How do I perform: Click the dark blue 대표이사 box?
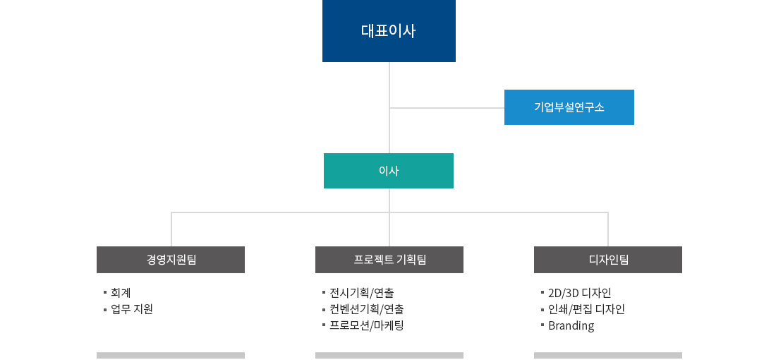pyautogui.click(x=389, y=30)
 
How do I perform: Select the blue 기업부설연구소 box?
pyautogui.click(x=569, y=107)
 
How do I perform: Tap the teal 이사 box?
pyautogui.click(x=389, y=171)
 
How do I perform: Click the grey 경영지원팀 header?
pyautogui.click(x=171, y=260)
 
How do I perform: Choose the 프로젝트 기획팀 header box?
pyautogui.click(x=389, y=260)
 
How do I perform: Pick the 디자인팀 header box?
pyautogui.click(x=608, y=260)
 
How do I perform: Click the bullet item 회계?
pyautogui.click(x=121, y=293)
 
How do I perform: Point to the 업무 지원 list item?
pyautogui.click(x=132, y=309)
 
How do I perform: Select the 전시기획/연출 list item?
pyautogui.click(x=362, y=293)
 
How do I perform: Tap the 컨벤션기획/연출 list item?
pyautogui.click(x=367, y=309)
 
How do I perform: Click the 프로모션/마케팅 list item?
pyautogui.click(x=367, y=325)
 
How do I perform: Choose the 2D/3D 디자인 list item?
pyautogui.click(x=579, y=293)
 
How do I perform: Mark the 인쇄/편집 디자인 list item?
pyautogui.click(x=586, y=309)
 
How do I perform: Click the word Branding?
pyautogui.click(x=571, y=326)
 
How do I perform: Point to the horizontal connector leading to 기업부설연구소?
pyautogui.click(x=447, y=107)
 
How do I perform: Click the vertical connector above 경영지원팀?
pyautogui.click(x=171, y=229)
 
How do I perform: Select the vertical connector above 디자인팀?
pyautogui.click(x=607, y=229)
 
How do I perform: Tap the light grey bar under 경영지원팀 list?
pyautogui.click(x=171, y=356)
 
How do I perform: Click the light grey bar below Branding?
pyautogui.click(x=608, y=356)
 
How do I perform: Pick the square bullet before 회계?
pyautogui.click(x=105, y=293)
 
